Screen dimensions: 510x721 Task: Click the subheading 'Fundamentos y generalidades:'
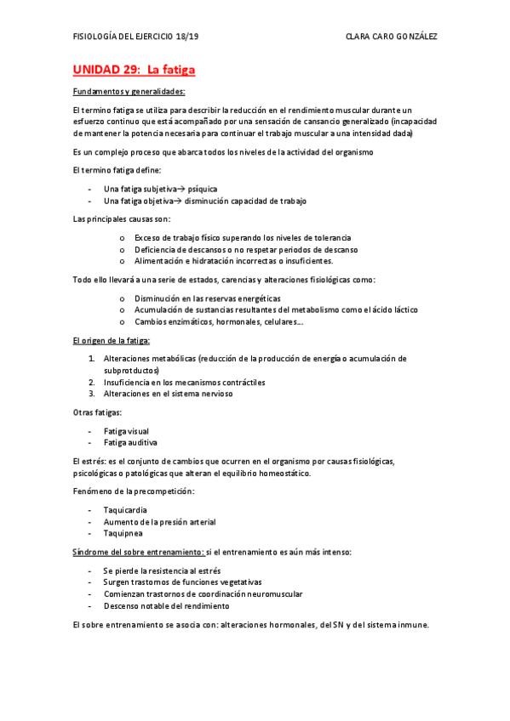pos(129,92)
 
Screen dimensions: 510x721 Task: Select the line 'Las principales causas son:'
pos(122,219)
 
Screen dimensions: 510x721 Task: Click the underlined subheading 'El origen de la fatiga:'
pos(112,341)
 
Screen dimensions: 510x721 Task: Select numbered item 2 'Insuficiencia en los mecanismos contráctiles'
pos(184,383)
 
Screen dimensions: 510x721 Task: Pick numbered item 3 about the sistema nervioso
pos(167,395)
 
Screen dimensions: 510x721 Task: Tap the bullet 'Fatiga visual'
pos(126,431)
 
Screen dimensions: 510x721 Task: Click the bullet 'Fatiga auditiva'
pos(130,443)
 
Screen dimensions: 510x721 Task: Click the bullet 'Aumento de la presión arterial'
pos(160,521)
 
